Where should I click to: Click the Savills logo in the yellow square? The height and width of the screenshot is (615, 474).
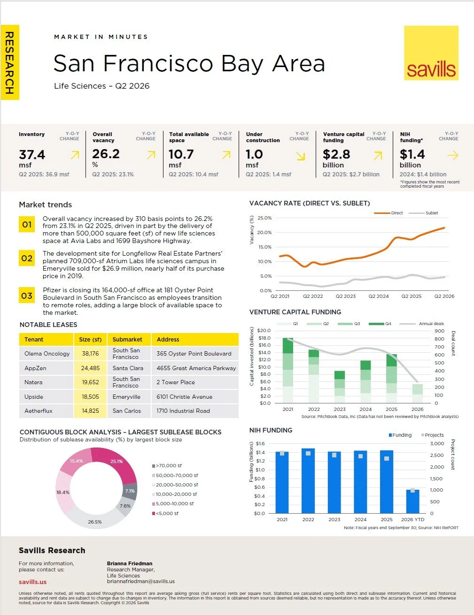431,53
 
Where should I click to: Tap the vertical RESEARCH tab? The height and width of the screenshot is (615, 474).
10,62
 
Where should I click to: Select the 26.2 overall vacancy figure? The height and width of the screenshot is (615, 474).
106,154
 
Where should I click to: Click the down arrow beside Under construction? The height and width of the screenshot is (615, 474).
301,156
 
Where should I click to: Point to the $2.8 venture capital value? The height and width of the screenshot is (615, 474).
336,154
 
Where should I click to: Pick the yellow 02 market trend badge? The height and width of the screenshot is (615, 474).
27,258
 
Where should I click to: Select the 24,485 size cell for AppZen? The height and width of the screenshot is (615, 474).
90,368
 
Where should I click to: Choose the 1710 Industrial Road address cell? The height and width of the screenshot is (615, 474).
195,410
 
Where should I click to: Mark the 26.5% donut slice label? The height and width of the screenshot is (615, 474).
94,522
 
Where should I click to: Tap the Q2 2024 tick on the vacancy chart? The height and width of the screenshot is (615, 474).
379,296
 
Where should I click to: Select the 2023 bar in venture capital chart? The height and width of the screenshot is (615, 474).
340,387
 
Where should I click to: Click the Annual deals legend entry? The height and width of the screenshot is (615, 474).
421,324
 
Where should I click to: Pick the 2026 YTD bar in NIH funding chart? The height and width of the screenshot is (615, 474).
412,501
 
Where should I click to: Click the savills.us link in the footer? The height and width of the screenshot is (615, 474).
32,582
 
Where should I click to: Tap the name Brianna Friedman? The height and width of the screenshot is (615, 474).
130,563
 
